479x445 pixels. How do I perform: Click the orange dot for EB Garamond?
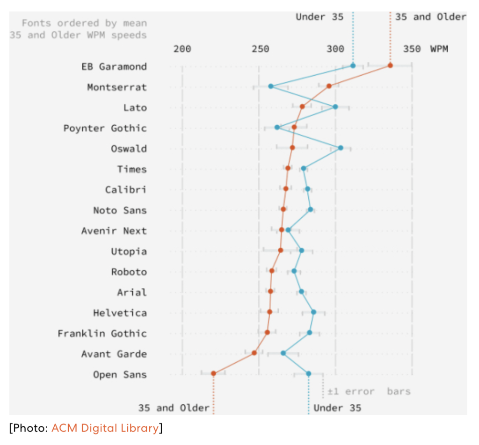tap(390, 65)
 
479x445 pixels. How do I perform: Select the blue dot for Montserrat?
tap(271, 86)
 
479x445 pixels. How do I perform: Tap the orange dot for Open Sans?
tap(213, 373)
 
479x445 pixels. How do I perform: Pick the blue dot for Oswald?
tap(341, 148)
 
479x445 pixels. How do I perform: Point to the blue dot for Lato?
tap(335, 107)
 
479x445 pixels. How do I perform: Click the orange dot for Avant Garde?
tap(254, 353)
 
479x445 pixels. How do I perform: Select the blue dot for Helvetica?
tap(313, 312)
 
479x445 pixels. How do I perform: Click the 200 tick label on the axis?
tap(182, 49)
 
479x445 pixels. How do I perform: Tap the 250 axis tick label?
tap(259, 49)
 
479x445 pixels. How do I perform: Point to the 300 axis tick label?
tap(335, 49)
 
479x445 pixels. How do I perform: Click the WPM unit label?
tap(439, 49)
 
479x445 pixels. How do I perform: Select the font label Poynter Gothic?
tap(105, 128)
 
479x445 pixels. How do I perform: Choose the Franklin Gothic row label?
tap(102, 333)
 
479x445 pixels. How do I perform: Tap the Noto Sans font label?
tap(120, 210)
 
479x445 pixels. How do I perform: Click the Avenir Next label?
tap(114, 231)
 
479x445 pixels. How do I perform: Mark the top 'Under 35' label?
tap(319, 17)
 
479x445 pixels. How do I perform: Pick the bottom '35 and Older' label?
tap(174, 408)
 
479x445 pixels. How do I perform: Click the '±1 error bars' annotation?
tap(369, 391)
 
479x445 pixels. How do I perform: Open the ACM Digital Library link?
tap(105, 428)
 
